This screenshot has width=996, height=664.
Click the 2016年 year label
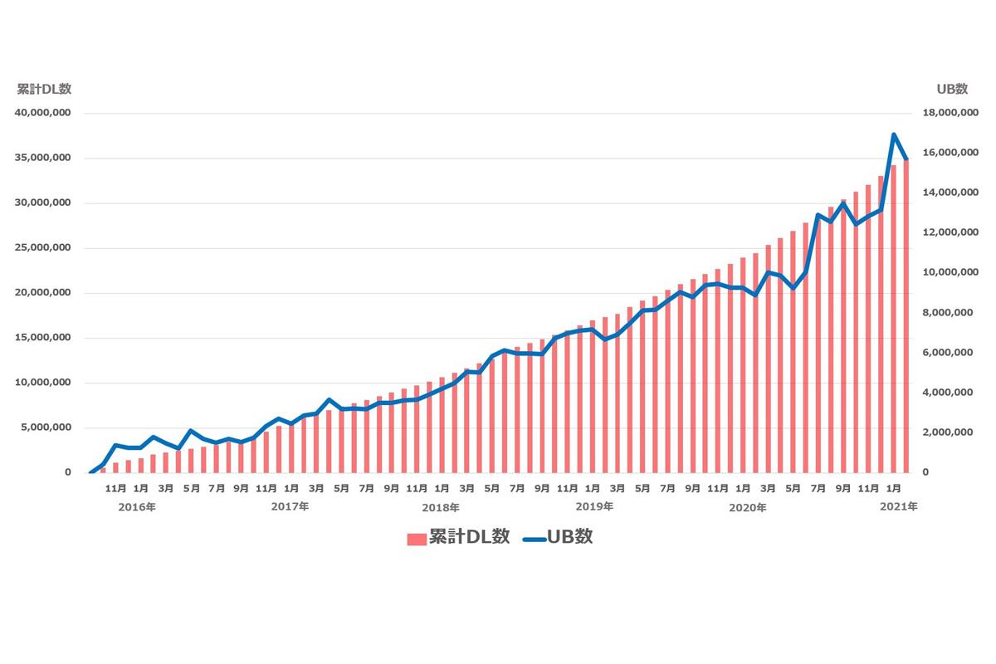137,506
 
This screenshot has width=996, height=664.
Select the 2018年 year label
441,506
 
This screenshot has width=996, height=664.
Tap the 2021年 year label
899,506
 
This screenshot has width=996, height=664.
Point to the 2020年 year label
748,506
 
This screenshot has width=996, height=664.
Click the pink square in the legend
417,539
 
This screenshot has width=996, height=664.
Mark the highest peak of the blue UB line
893,134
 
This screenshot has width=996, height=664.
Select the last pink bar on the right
906,315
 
